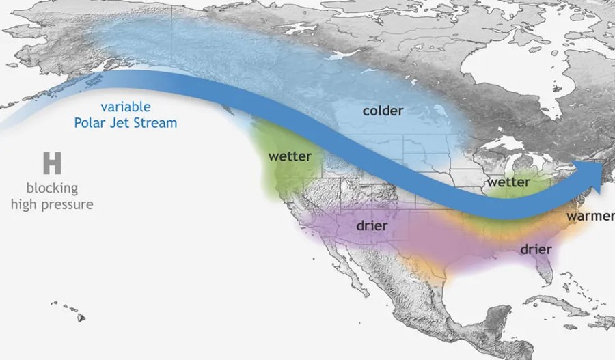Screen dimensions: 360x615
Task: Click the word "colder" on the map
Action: [383, 110]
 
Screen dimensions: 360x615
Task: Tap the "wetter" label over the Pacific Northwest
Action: [290, 156]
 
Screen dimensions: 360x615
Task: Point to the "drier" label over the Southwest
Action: [372, 225]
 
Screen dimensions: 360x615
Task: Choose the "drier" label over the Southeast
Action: [536, 249]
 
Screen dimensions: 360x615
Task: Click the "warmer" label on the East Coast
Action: [589, 217]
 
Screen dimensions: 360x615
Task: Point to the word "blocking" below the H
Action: [52, 188]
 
